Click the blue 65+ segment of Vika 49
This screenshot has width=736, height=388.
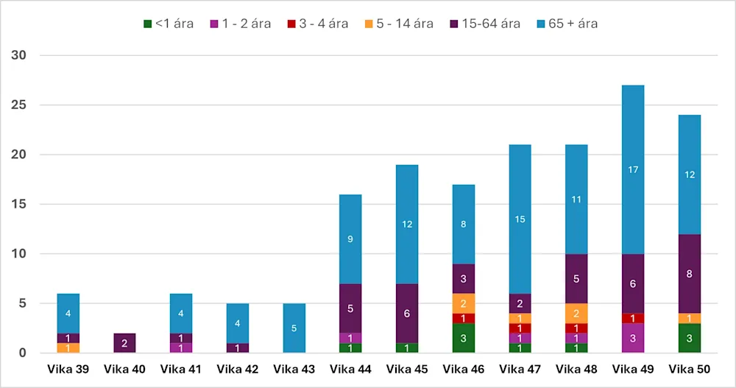(633, 170)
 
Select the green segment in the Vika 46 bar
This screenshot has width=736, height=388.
(464, 338)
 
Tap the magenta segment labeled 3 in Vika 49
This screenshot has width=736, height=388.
(633, 338)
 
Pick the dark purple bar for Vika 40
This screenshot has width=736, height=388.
(124, 343)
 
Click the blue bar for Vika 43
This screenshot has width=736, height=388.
(294, 328)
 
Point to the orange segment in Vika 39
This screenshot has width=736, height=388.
(68, 348)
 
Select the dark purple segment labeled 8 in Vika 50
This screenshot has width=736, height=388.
(690, 274)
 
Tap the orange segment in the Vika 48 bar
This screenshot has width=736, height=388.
(576, 314)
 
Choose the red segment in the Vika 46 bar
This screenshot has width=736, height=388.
(464, 318)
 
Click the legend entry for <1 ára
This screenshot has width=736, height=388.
(168, 24)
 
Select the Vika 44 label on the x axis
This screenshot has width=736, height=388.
(350, 368)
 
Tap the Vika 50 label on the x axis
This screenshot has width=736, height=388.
(690, 368)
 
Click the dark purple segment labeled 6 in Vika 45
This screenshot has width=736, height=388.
(407, 313)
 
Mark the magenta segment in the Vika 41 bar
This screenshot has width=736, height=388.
(180, 348)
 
